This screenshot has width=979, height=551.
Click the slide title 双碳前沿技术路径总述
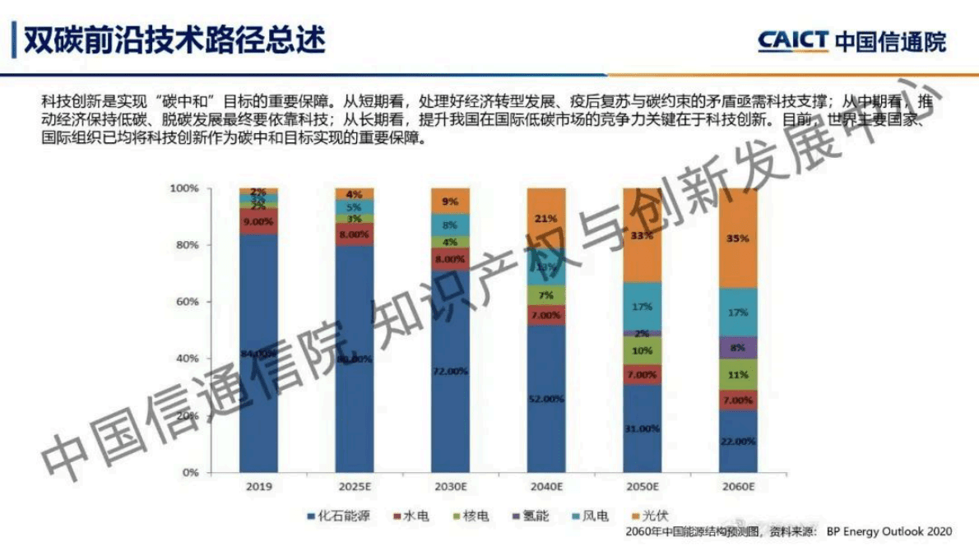(x=174, y=39)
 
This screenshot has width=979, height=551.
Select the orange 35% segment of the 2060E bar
(x=739, y=238)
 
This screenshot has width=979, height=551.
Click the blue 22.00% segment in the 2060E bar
(x=739, y=441)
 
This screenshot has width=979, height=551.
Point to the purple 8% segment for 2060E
(x=739, y=347)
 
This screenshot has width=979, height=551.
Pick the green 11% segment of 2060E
(x=739, y=374)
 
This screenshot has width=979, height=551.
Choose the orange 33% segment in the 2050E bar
(x=642, y=235)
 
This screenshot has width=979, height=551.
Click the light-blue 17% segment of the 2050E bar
(x=642, y=306)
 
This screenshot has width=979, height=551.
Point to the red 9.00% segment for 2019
(x=258, y=221)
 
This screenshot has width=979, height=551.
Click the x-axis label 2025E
(x=354, y=487)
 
